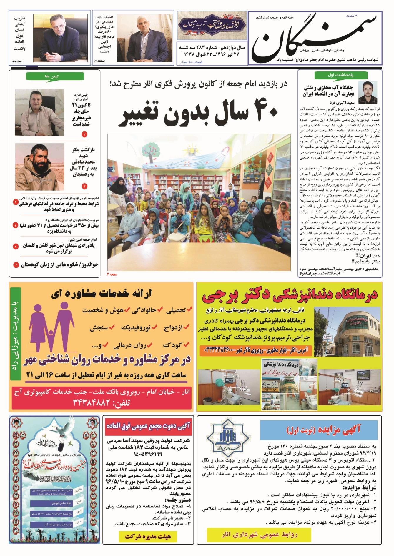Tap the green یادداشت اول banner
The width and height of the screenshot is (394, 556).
click(x=335, y=75)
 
